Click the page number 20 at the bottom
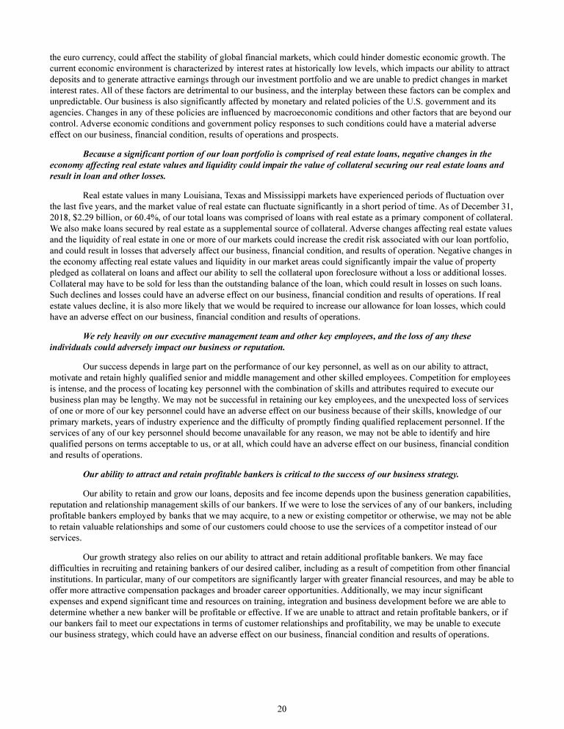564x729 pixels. [x=282, y=708]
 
